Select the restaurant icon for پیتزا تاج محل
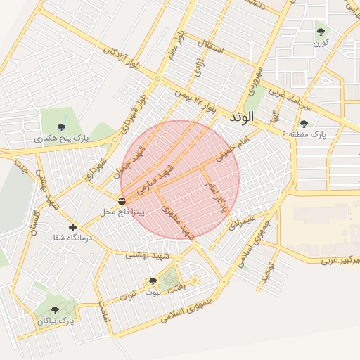pyautogui.click(x=122, y=202)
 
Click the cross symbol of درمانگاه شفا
pyautogui.click(x=72, y=227)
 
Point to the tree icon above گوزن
pyautogui.click(x=321, y=32)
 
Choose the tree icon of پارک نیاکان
pyautogui.click(x=56, y=309)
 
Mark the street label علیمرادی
pyautogui.click(x=238, y=223)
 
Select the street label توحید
pyautogui.click(x=268, y=274)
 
